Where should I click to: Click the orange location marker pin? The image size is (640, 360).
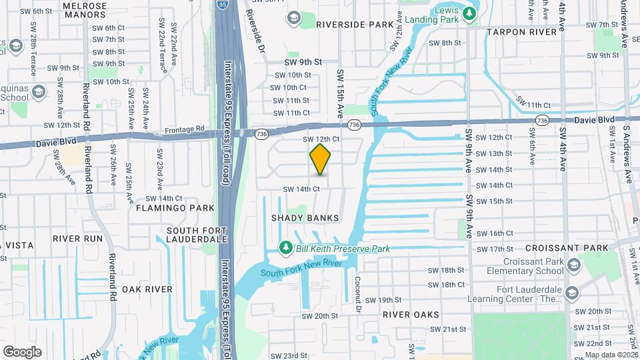click(321, 159)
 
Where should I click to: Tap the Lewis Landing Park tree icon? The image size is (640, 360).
click(469, 13)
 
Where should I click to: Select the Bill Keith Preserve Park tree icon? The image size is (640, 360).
click(286, 249)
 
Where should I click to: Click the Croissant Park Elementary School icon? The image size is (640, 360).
click(573, 267)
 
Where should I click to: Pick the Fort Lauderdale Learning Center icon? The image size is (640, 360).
click(572, 294)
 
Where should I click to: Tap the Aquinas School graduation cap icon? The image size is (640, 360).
click(38, 91)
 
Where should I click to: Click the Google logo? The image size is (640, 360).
click(22, 351)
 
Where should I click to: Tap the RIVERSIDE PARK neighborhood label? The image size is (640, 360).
click(355, 25)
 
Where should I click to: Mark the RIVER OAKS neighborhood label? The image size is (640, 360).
click(411, 314)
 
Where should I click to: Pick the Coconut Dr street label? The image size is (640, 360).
click(358, 294)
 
